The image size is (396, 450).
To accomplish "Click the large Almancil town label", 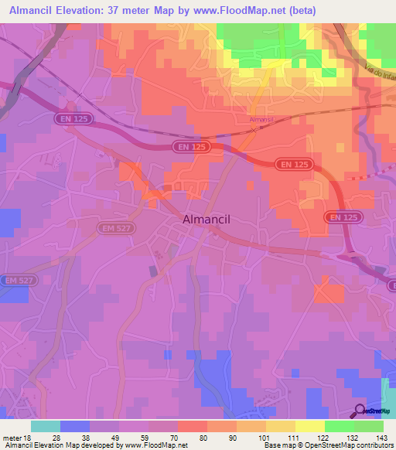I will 207,220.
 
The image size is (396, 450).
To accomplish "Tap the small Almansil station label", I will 262,120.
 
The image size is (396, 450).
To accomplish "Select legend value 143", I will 382,438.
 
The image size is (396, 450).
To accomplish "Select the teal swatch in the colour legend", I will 46,426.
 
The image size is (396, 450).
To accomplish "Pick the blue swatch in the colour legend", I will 75,426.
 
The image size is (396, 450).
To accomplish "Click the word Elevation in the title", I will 83,10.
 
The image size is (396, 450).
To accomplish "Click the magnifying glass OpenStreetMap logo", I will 361,411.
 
